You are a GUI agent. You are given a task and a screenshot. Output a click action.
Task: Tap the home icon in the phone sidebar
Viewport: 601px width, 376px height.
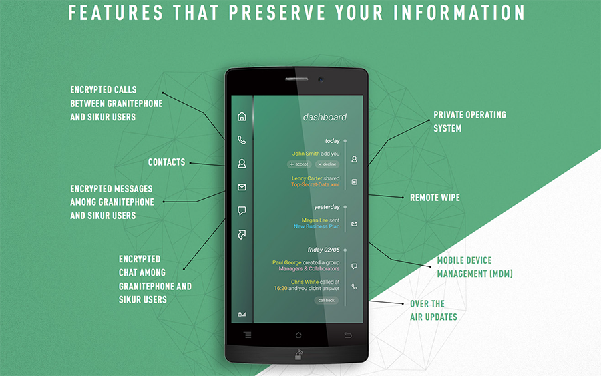(x=242, y=116)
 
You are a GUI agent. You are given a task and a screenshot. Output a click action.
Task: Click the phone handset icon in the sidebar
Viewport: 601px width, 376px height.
(x=242, y=140)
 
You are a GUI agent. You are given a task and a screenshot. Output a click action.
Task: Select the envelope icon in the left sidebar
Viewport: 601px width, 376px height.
(x=242, y=187)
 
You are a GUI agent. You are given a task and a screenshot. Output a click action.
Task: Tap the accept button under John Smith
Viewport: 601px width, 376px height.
(x=299, y=164)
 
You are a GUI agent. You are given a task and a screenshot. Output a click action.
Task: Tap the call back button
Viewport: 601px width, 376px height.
(x=326, y=300)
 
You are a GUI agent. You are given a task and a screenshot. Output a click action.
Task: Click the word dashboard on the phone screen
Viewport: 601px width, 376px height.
(x=325, y=117)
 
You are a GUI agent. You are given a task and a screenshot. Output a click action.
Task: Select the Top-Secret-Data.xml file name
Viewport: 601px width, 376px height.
(x=315, y=184)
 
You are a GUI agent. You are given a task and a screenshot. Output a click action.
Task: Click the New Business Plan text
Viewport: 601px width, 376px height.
(x=317, y=226)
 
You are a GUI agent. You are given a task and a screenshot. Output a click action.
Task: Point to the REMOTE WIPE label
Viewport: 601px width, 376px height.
(x=435, y=198)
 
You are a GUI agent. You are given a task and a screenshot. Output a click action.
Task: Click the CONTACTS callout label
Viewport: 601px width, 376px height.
(x=167, y=162)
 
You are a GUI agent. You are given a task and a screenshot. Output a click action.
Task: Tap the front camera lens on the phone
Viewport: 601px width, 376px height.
(x=321, y=79)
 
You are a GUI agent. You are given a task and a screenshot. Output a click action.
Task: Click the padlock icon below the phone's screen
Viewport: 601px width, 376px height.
(x=298, y=355)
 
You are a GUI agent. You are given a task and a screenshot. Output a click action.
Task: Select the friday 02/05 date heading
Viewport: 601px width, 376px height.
(x=323, y=250)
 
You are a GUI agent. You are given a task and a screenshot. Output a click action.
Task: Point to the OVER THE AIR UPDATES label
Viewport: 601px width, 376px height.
(x=433, y=311)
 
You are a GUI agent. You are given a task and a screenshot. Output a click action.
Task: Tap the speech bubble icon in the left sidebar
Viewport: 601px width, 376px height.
(x=242, y=211)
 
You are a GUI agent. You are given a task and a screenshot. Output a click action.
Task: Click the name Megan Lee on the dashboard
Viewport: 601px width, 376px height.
(x=315, y=220)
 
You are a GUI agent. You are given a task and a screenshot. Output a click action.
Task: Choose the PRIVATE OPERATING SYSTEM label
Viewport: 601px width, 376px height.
(x=470, y=122)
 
